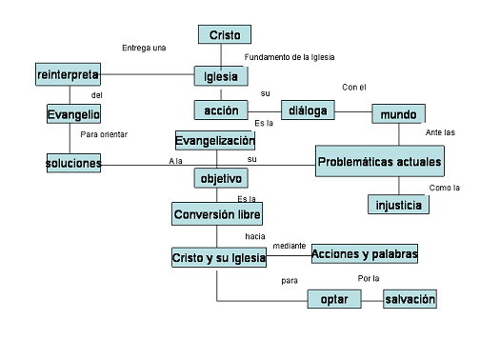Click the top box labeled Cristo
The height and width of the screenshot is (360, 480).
[225, 34]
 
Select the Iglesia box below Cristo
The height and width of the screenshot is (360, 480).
[221, 76]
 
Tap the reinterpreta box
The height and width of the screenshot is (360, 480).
[68, 74]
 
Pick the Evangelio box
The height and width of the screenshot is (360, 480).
[73, 113]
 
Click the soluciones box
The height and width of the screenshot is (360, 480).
[73, 163]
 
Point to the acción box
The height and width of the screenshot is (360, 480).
[221, 110]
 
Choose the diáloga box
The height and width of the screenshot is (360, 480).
[308, 110]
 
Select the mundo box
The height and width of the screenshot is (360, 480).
[398, 113]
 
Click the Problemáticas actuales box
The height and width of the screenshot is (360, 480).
[380, 161]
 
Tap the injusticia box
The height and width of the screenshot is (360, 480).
[398, 205]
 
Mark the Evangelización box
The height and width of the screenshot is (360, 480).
[215, 140]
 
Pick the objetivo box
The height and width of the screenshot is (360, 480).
[221, 178]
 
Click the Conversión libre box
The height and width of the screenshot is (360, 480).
[217, 214]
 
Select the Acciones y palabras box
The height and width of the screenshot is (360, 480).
[365, 253]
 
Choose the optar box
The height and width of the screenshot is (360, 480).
[334, 299]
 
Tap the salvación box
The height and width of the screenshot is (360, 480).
[410, 299]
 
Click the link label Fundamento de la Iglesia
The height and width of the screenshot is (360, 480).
[290, 57]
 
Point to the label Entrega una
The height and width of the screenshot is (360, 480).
[144, 48]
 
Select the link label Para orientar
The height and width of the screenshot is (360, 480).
[104, 134]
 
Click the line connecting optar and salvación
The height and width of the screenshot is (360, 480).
[372, 301]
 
